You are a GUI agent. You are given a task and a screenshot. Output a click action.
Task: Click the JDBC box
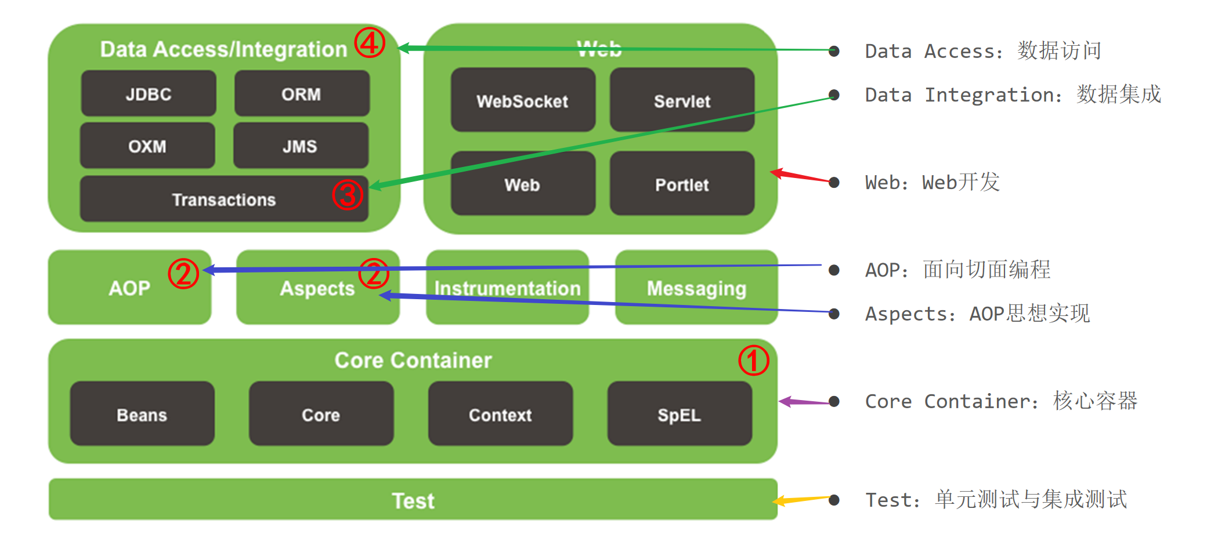tap(149, 94)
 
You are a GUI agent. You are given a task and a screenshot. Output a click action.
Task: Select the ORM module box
tap(301, 94)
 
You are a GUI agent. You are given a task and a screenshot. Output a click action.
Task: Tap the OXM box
tap(147, 146)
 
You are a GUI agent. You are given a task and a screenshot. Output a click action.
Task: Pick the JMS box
tap(300, 146)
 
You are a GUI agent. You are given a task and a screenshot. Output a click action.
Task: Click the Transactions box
tap(224, 199)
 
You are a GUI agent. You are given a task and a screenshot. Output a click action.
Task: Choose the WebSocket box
tap(522, 101)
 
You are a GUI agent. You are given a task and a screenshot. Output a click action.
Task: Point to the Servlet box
tap(682, 101)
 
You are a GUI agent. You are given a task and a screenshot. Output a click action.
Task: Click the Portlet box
tap(682, 184)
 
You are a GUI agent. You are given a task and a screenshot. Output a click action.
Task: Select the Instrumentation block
tap(507, 288)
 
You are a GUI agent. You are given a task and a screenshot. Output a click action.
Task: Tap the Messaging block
tap(696, 288)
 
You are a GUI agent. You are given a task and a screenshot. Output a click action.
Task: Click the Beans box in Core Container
tap(142, 415)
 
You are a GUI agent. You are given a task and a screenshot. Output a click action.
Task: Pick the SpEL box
tap(680, 415)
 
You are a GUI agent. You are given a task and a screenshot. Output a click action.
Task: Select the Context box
tap(500, 415)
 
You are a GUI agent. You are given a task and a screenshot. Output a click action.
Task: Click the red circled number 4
tap(370, 42)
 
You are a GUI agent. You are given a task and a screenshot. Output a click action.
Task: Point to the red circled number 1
tap(753, 360)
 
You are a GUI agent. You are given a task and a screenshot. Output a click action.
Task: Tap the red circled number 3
tap(347, 194)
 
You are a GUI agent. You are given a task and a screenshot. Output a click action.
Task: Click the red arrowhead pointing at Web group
tap(776, 172)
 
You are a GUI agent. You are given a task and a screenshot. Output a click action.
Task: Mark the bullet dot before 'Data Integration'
tap(834, 95)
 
